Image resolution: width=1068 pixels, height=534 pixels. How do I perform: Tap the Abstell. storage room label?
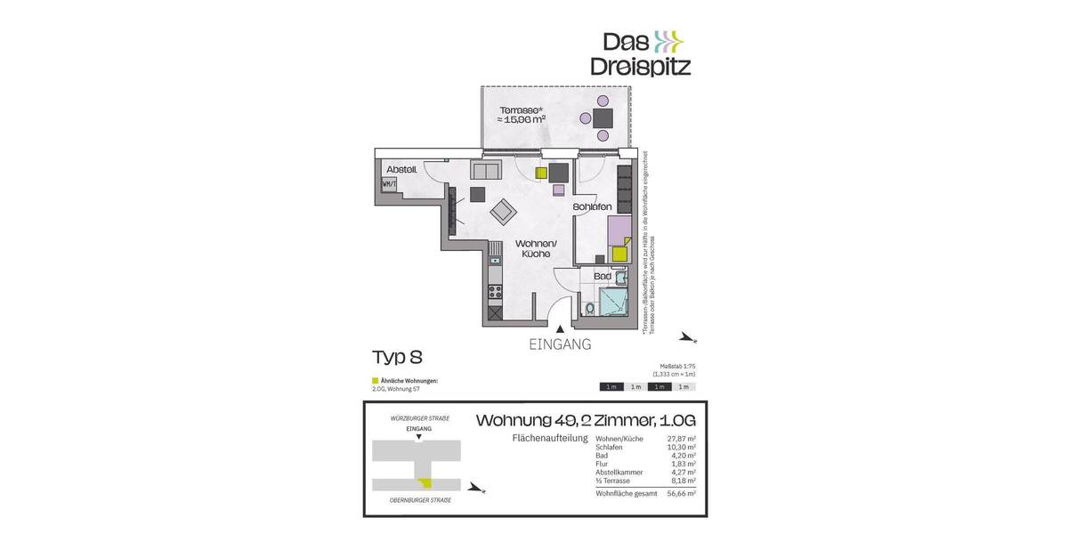tap(401, 169)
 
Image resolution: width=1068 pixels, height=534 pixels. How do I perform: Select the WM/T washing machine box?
tap(388, 184)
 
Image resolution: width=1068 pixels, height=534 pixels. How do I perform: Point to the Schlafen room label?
tap(593, 207)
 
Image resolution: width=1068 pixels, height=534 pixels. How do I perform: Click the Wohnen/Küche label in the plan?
tap(536, 248)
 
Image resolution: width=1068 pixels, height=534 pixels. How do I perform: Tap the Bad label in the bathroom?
tap(603, 277)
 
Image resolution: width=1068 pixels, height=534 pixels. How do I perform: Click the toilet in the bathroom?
tap(590, 309)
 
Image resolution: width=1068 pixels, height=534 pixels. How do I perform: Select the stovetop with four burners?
tap(495, 291)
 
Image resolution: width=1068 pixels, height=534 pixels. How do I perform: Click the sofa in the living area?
tap(488, 171)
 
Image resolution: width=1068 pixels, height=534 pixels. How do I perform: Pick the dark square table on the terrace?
tap(603, 118)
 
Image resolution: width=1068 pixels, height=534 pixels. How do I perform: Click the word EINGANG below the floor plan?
tap(559, 344)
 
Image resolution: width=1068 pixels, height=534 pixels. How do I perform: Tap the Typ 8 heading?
tap(397, 358)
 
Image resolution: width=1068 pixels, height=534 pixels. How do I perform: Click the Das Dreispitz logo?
tap(641, 53)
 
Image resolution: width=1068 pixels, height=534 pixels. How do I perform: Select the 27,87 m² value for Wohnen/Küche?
tap(683, 440)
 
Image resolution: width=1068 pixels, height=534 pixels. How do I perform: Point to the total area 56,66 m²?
tap(683, 492)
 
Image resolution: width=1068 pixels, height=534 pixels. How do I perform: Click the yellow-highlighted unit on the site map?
tap(426, 483)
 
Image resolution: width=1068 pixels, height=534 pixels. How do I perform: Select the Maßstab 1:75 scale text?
tap(677, 367)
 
